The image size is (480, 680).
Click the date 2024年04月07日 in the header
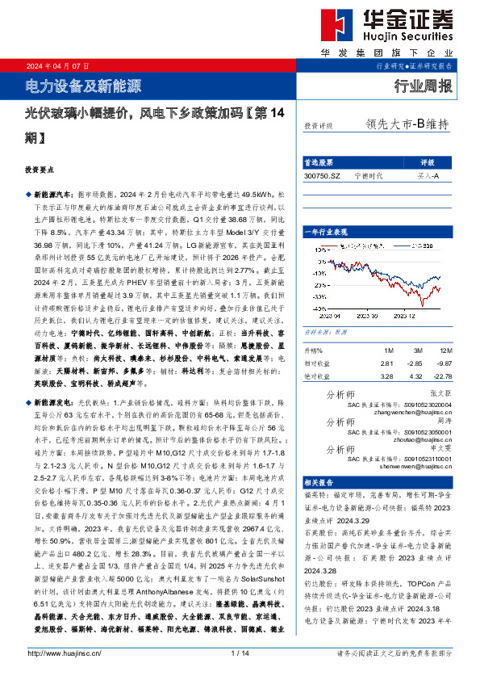(x=57, y=65)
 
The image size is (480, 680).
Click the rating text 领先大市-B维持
(x=407, y=124)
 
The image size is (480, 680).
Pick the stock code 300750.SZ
(x=323, y=175)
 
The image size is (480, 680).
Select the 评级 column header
(x=427, y=162)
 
